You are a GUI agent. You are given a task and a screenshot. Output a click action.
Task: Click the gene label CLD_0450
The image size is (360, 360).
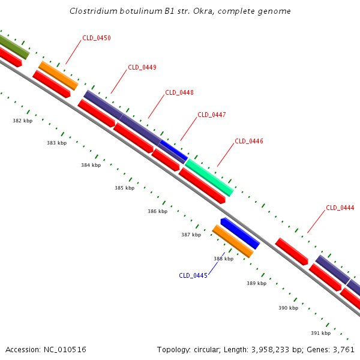point(97,38)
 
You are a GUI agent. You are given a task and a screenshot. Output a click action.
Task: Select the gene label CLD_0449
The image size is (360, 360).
point(142,67)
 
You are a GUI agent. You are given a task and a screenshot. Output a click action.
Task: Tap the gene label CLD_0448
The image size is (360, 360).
point(179,92)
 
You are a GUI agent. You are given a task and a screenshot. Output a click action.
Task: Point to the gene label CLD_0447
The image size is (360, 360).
point(212,115)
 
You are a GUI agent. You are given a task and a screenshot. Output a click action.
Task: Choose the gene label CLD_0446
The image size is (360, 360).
point(249,141)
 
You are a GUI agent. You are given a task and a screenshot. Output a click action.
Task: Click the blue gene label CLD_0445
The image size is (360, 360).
point(193,275)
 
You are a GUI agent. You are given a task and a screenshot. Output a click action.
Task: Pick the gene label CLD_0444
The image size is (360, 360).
point(340,208)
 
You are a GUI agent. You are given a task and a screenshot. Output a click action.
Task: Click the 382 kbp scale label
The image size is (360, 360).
point(22,121)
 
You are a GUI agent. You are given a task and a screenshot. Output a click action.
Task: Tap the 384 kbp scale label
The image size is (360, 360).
point(91,164)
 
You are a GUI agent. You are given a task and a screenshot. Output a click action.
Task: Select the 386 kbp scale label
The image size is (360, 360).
point(157,211)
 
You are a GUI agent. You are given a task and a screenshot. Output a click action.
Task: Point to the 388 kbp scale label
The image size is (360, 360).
point(223,259)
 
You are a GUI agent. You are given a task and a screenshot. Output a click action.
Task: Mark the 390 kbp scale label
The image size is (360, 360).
point(288,308)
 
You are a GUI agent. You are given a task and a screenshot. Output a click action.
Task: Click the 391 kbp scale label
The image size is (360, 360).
point(320,333)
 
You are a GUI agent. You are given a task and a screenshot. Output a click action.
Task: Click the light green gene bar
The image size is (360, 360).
point(209,178)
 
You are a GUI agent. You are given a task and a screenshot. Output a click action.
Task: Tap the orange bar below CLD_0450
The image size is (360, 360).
point(58,75)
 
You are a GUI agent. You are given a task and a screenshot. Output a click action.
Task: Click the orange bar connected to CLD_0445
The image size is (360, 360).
point(233,241)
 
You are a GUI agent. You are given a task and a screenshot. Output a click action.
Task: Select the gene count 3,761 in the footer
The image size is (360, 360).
point(343,349)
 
